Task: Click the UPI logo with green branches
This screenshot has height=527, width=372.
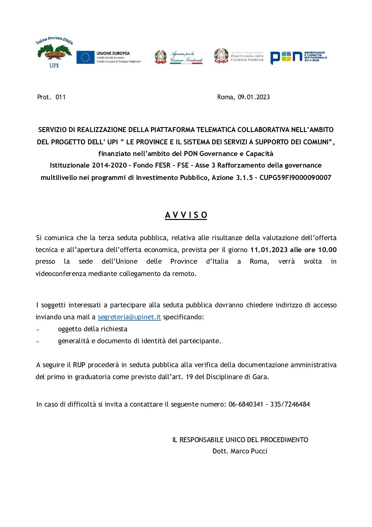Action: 54,52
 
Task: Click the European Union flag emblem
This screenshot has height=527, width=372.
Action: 85,57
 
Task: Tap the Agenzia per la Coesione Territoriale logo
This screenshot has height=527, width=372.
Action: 179,57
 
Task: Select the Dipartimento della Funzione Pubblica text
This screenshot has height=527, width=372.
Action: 247,58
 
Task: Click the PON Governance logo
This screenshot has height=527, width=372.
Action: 299,57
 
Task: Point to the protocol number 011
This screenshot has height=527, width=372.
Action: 60,97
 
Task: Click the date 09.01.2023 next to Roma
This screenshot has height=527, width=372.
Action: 254,97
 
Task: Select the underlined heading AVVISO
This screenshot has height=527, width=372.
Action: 186,215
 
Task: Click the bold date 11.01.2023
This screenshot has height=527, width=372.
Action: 269,250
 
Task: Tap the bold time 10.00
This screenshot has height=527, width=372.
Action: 327,250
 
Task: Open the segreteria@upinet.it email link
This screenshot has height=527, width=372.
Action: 129,317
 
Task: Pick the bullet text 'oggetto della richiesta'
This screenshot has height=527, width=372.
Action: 92,329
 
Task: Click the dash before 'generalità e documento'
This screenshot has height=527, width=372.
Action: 38,341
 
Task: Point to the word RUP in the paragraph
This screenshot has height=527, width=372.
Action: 79,365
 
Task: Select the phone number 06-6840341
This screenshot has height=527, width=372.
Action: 246,404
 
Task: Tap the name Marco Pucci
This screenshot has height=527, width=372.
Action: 249,451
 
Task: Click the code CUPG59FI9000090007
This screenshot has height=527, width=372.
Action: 295,177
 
